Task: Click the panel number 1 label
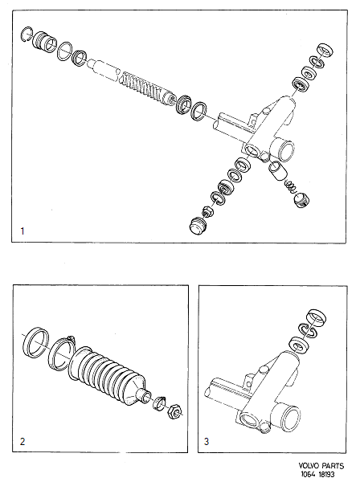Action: point(23,231)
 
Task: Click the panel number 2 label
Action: point(22,440)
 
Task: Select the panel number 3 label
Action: point(207,440)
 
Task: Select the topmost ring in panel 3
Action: point(314,315)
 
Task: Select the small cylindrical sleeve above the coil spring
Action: point(276,170)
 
